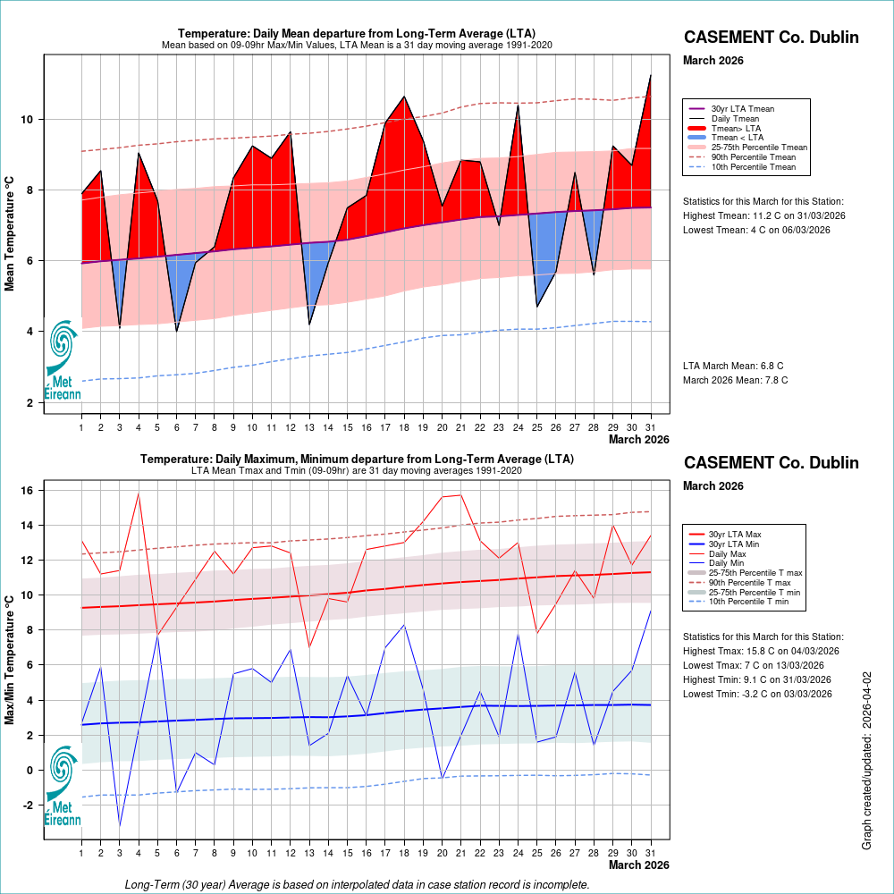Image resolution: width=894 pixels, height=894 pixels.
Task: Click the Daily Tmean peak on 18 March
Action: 404,97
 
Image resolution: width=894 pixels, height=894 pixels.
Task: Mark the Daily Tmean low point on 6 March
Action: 177,331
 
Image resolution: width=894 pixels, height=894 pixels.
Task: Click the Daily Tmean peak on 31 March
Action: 650,76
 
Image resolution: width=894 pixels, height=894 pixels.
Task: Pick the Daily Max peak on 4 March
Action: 139,493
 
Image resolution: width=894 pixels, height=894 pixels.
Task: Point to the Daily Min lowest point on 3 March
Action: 120,825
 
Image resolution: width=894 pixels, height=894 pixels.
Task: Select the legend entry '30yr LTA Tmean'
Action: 743,109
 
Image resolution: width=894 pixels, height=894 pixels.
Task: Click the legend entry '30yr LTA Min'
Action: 741,544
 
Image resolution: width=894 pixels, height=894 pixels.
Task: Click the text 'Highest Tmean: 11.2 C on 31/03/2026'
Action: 763,216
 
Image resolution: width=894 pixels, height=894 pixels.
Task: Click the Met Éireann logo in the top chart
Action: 63,358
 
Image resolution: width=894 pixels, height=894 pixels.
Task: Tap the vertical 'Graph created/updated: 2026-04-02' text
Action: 866,761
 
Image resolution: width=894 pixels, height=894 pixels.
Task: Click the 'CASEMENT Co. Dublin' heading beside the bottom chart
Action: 771,463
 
